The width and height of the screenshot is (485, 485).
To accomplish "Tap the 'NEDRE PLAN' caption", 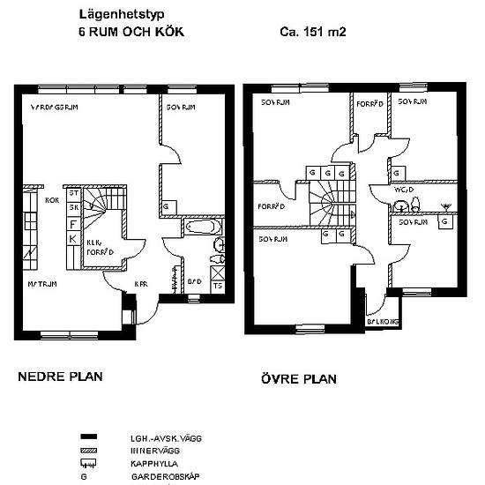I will (x=60, y=377).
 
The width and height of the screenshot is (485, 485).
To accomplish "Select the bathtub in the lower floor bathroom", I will (x=203, y=229).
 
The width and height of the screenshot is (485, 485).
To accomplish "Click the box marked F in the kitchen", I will (x=74, y=224).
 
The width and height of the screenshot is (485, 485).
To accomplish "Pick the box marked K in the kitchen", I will (x=74, y=240).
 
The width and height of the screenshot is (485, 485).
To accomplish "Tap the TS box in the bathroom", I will (x=218, y=285).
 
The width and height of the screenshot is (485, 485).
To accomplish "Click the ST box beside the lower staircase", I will (x=74, y=193).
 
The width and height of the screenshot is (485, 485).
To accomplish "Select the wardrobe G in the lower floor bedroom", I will (x=167, y=207).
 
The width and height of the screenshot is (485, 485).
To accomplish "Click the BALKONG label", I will (x=383, y=322).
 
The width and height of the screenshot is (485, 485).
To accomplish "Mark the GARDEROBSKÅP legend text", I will (x=160, y=476).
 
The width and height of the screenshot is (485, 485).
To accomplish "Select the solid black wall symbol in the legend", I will (x=87, y=437).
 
